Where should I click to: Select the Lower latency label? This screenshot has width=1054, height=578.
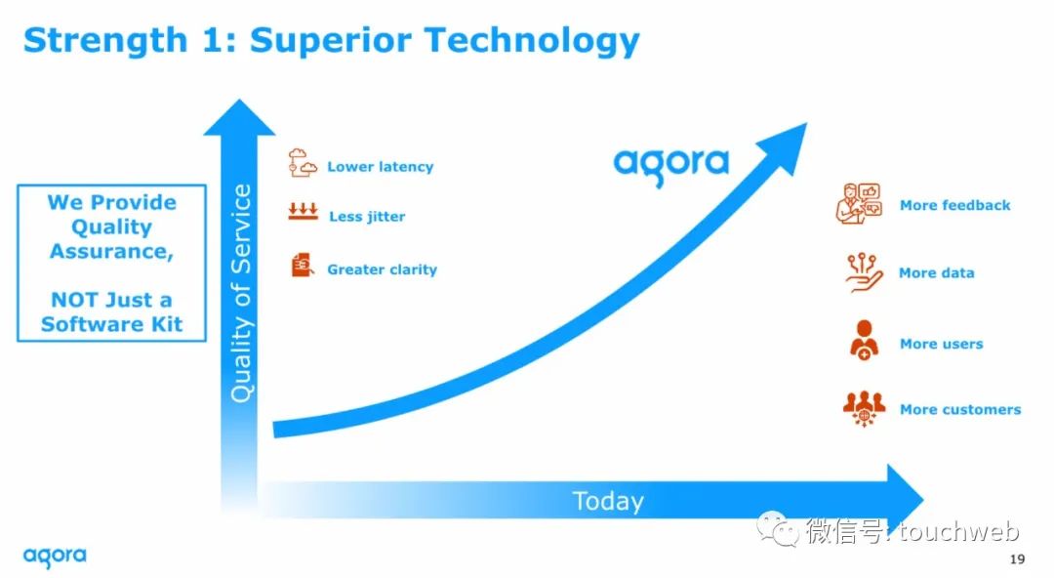(381, 167)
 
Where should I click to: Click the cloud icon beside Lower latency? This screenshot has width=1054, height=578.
(303, 163)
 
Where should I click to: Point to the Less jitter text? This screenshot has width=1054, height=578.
(367, 217)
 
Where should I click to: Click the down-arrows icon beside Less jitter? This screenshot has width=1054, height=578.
(304, 212)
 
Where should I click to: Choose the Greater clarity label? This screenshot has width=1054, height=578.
(382, 269)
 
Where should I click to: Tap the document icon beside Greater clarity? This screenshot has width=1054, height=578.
(303, 266)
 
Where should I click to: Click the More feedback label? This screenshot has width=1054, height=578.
(955, 205)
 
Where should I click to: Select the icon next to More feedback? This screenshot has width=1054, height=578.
(859, 203)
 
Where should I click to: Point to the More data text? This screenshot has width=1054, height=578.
(936, 273)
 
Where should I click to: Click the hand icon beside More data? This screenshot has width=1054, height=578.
(864, 272)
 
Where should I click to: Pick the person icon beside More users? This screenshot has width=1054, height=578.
(864, 341)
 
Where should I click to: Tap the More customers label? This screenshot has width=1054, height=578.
(960, 410)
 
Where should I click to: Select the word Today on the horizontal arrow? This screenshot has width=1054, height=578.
(608, 501)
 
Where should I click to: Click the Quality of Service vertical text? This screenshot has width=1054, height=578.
(241, 293)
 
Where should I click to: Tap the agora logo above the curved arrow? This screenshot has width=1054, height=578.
(670, 167)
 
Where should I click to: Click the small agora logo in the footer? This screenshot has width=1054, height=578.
(55, 557)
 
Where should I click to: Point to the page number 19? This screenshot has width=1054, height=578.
(1017, 559)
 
